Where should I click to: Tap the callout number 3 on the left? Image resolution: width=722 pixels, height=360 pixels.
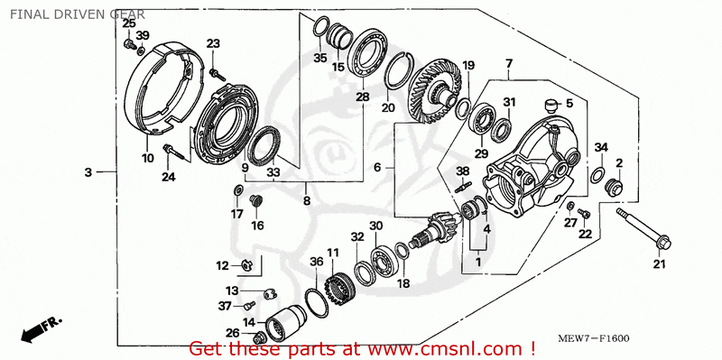pos(88,172)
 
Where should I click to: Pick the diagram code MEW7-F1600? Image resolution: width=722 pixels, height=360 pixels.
pos(594,339)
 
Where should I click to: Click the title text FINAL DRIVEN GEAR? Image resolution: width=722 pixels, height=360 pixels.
pos(78,14)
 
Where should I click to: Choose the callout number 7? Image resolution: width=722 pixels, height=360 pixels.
pos(508,63)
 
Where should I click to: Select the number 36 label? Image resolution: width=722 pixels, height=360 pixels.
pos(317,261)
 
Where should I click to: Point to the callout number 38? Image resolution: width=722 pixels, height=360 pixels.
pos(463,171)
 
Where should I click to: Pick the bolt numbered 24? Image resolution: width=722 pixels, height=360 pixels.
pos(177,152)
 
